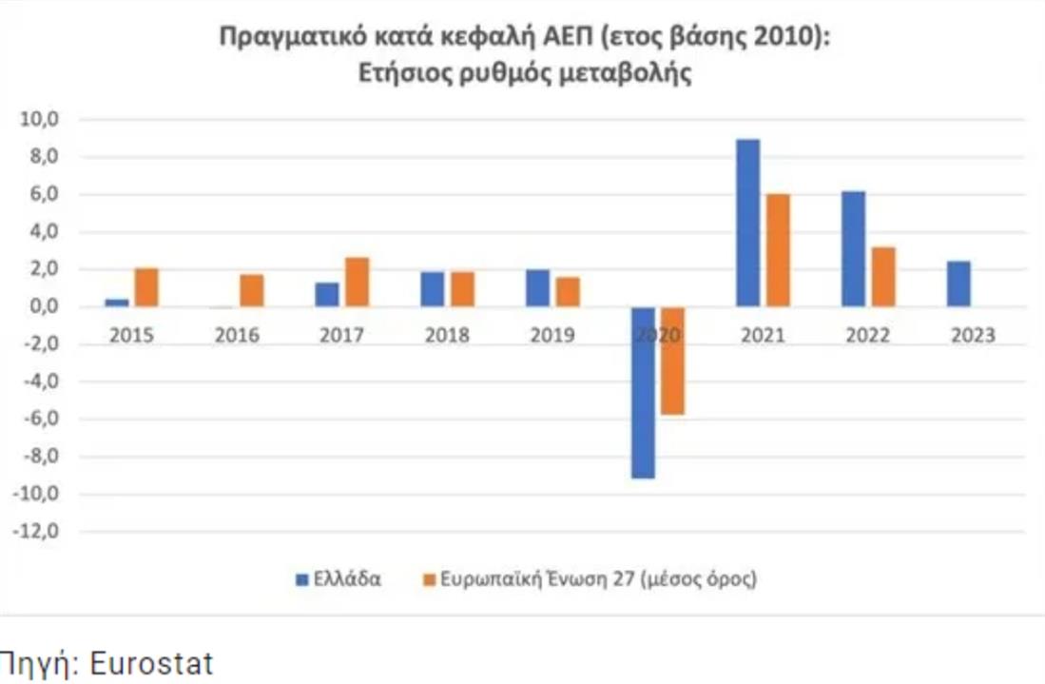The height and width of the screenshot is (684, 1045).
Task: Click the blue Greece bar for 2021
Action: coord(747,224)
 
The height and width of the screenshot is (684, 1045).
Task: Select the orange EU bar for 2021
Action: coord(778,250)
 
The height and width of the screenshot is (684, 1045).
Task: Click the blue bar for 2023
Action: coord(958,283)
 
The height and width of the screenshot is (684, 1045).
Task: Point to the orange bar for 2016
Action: coord(251,290)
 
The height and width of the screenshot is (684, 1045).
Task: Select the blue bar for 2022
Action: coord(853,249)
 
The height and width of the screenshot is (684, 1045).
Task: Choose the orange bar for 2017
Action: coord(357,282)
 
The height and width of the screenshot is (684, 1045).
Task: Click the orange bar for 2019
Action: coord(568,292)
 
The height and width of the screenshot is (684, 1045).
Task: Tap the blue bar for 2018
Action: coord(433,289)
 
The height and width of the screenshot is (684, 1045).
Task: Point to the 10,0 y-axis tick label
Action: coord(41,120)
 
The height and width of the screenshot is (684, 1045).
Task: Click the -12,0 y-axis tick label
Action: coord(37,532)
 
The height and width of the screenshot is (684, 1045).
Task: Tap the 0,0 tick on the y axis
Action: coord(43,307)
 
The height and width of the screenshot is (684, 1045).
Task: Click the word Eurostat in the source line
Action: coord(151,664)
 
